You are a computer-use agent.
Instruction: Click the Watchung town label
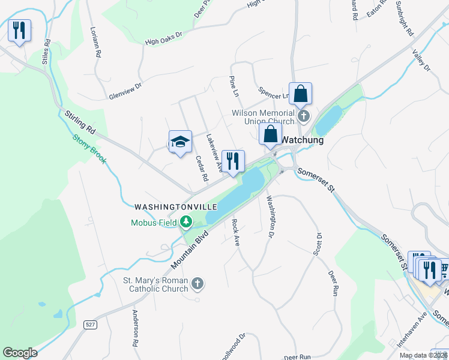point(303,140)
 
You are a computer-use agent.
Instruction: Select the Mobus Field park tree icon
point(186,223)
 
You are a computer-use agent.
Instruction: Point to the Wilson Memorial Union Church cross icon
point(304,115)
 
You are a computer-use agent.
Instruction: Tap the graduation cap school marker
point(180,142)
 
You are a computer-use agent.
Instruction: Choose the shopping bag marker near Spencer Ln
point(300,94)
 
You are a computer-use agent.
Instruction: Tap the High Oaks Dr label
point(163,42)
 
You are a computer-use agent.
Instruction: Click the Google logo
point(20,353)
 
